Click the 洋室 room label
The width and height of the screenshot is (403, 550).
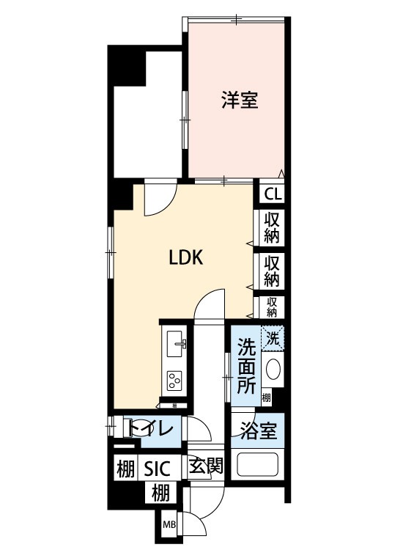pos(240,100)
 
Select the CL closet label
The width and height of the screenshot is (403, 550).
pos(272,194)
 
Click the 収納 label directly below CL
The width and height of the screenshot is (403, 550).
pos(272,227)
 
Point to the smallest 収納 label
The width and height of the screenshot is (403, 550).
pos(272,306)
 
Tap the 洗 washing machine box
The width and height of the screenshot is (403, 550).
pos(273,339)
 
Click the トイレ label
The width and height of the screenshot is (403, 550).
pos(152,428)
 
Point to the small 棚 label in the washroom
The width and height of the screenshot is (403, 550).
pos(267,398)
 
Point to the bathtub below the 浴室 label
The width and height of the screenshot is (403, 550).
pos(257,466)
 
